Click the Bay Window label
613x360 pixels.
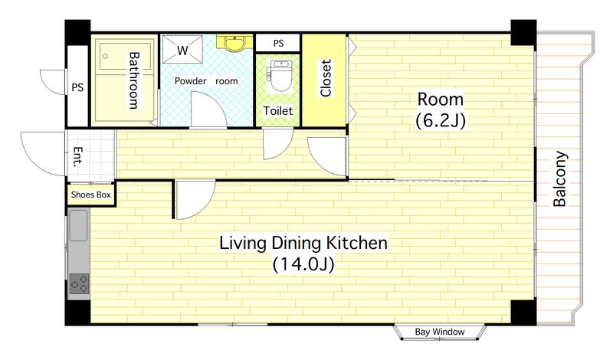pyautogui.click(x=439, y=332)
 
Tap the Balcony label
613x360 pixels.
pyautogui.click(x=560, y=178)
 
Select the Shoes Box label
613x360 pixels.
pyautogui.click(x=90, y=195)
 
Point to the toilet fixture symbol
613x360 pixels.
pyautogui.click(x=278, y=75)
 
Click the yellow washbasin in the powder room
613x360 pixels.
pyautogui.click(x=234, y=43)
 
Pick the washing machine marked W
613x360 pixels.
pyautogui.click(x=182, y=49)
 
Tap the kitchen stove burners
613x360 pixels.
pyautogui.click(x=79, y=283)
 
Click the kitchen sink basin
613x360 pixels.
pyautogui.click(x=78, y=226)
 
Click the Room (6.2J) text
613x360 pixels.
pyautogui.click(x=441, y=110)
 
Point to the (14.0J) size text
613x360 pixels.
pyautogui.click(x=303, y=264)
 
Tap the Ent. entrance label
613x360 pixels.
pyautogui.click(x=78, y=157)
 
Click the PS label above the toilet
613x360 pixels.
pyautogui.click(x=278, y=43)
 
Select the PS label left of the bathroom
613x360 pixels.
pyautogui.click(x=77, y=87)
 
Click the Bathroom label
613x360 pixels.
pyautogui.click(x=134, y=80)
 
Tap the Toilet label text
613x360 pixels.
pyautogui.click(x=277, y=111)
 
